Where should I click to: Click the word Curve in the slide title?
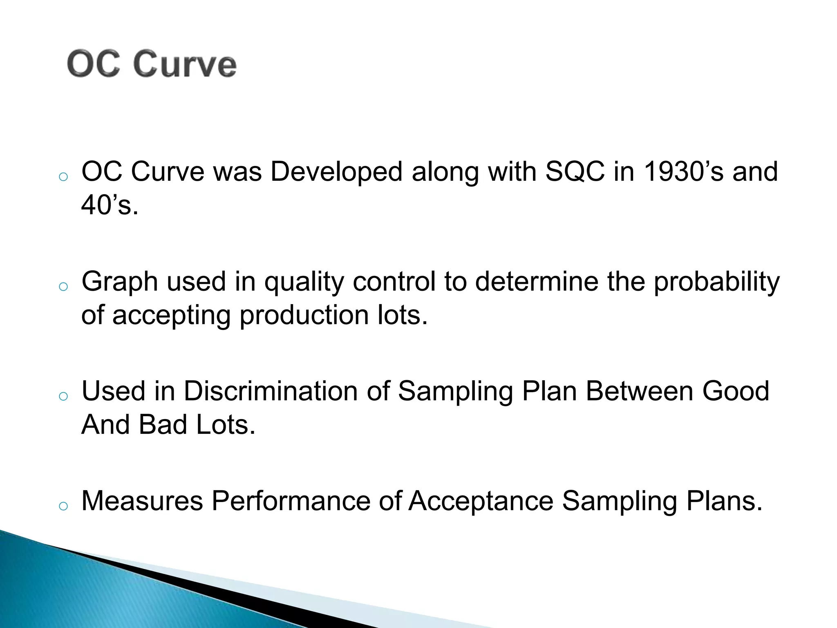pos(185,65)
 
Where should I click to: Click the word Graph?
pos(120,283)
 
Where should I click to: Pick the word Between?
pos(639,391)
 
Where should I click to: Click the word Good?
pos(736,391)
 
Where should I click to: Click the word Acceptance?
pos(481,501)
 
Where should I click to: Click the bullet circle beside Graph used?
pos(63,287)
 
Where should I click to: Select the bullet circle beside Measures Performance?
pos(63,506)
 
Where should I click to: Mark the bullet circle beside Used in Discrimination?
pos(63,396)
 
